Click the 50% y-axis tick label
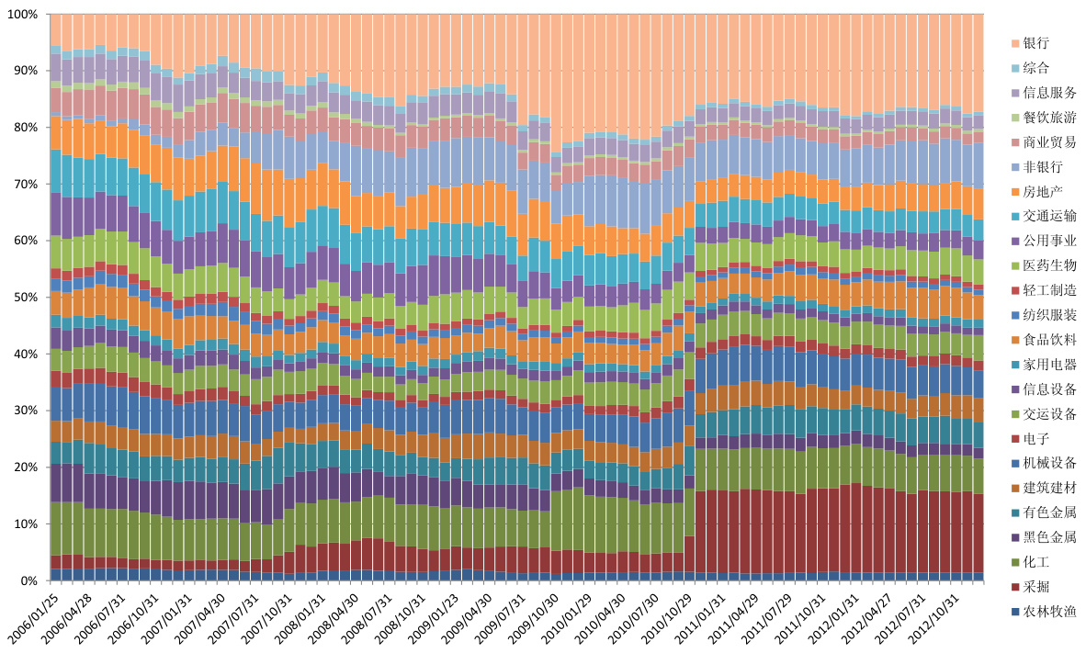click(25, 298)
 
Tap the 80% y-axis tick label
click(25, 128)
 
